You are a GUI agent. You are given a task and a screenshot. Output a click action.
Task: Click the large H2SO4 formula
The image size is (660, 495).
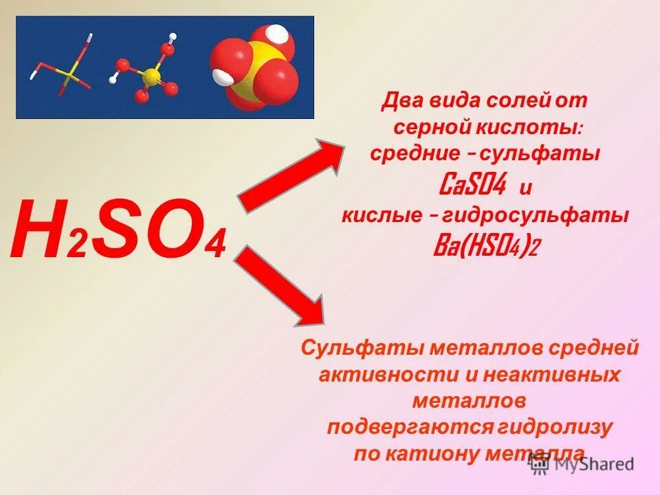click(118, 229)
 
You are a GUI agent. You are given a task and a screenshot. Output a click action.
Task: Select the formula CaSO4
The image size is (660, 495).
click(472, 184)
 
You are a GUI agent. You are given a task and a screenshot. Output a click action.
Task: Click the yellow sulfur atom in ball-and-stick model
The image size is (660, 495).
click(151, 76)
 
